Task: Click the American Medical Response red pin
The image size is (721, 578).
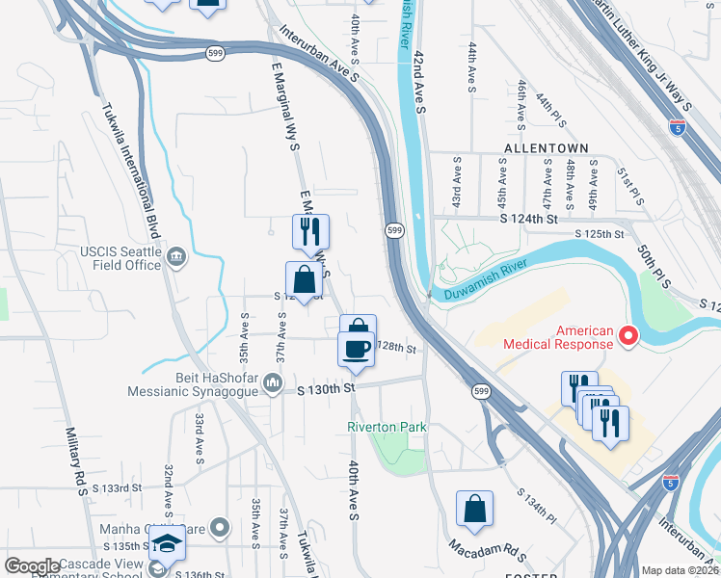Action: [628, 335]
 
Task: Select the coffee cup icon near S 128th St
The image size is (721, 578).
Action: [356, 348]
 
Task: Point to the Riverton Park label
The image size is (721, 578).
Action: [387, 427]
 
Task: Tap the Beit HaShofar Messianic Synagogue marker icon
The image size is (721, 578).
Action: [273, 385]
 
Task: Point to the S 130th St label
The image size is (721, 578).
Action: [327, 387]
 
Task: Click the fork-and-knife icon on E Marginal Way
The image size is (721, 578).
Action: [310, 231]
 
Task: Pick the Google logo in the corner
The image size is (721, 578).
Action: [33, 566]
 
